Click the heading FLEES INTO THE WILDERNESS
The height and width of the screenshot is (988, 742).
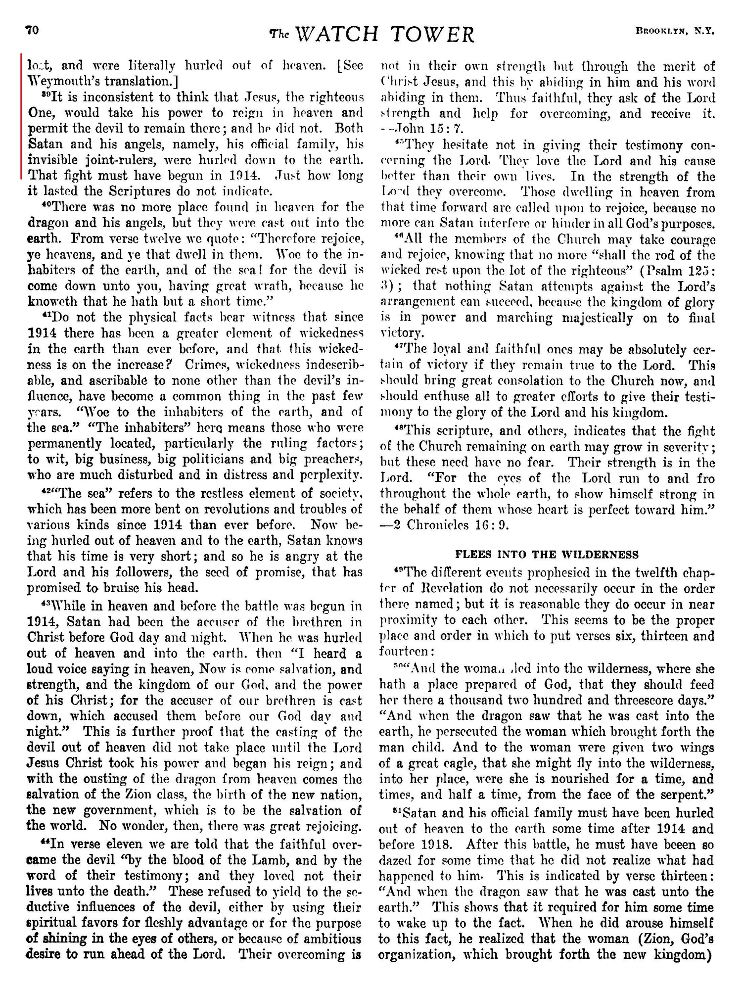(x=547, y=554)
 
